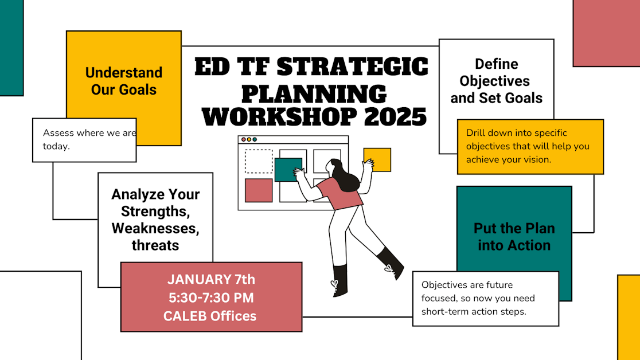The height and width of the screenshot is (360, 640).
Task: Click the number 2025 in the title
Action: (x=395, y=116)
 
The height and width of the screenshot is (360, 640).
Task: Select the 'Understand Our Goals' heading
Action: (x=124, y=81)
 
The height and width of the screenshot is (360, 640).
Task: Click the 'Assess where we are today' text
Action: (x=89, y=139)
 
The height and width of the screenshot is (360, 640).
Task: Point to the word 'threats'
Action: (x=155, y=245)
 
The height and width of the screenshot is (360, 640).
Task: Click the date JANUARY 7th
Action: (x=211, y=280)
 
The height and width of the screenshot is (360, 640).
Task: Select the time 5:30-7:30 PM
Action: (x=211, y=298)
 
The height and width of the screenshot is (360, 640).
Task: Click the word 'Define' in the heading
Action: (x=496, y=64)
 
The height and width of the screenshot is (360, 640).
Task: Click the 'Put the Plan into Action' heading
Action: (x=514, y=237)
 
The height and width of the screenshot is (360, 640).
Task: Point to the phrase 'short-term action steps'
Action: (x=474, y=311)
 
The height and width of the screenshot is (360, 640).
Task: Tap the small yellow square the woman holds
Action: (x=377, y=159)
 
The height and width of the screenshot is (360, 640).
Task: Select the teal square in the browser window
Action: (x=288, y=170)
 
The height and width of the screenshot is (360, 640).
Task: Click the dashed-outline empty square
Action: (x=259, y=161)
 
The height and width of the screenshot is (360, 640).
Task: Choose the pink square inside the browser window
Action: (x=259, y=190)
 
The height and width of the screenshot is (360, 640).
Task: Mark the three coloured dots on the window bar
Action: (x=249, y=139)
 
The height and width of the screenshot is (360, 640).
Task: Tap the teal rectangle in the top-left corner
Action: (x=11, y=48)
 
